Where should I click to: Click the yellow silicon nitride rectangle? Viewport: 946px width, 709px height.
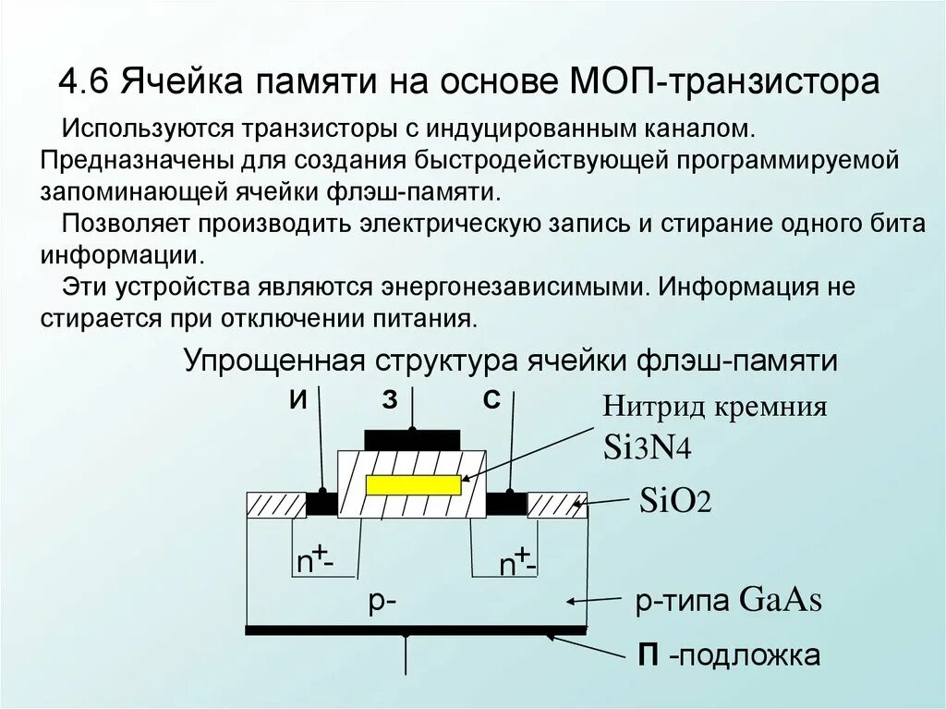tap(412, 485)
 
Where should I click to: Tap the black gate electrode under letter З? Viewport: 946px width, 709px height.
tap(412, 439)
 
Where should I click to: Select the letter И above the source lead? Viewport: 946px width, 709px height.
tap(297, 400)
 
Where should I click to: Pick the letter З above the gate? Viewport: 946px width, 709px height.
tap(389, 400)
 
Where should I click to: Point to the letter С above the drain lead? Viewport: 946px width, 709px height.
tap(491, 400)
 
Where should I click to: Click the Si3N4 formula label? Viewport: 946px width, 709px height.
tap(647, 447)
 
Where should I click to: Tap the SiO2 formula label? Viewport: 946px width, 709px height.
tap(673, 503)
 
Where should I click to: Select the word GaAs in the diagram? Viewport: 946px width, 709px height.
tap(781, 601)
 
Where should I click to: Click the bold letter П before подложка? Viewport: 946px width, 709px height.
tap(649, 655)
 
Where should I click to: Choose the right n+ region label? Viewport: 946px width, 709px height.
tap(516, 562)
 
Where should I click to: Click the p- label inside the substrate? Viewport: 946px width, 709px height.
tap(382, 601)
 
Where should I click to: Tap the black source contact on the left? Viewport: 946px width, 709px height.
tap(321, 505)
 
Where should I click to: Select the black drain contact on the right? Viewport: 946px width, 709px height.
tap(506, 505)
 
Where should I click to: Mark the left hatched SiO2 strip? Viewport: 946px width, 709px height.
tap(275, 505)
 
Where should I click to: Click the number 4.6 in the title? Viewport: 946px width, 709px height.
tap(85, 81)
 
